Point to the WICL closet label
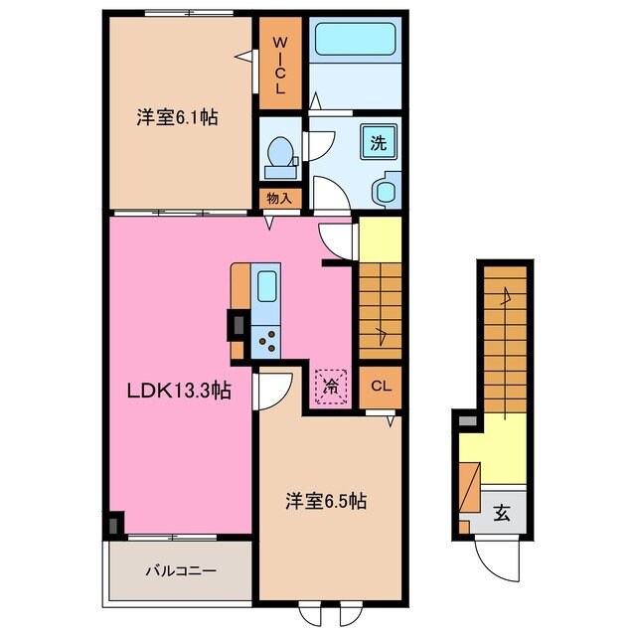(x=279, y=66)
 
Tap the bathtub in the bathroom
(x=356, y=42)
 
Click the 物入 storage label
(x=279, y=198)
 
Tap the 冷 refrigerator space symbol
(x=330, y=384)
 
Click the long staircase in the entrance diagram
(x=505, y=338)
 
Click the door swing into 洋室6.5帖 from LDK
(x=272, y=391)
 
